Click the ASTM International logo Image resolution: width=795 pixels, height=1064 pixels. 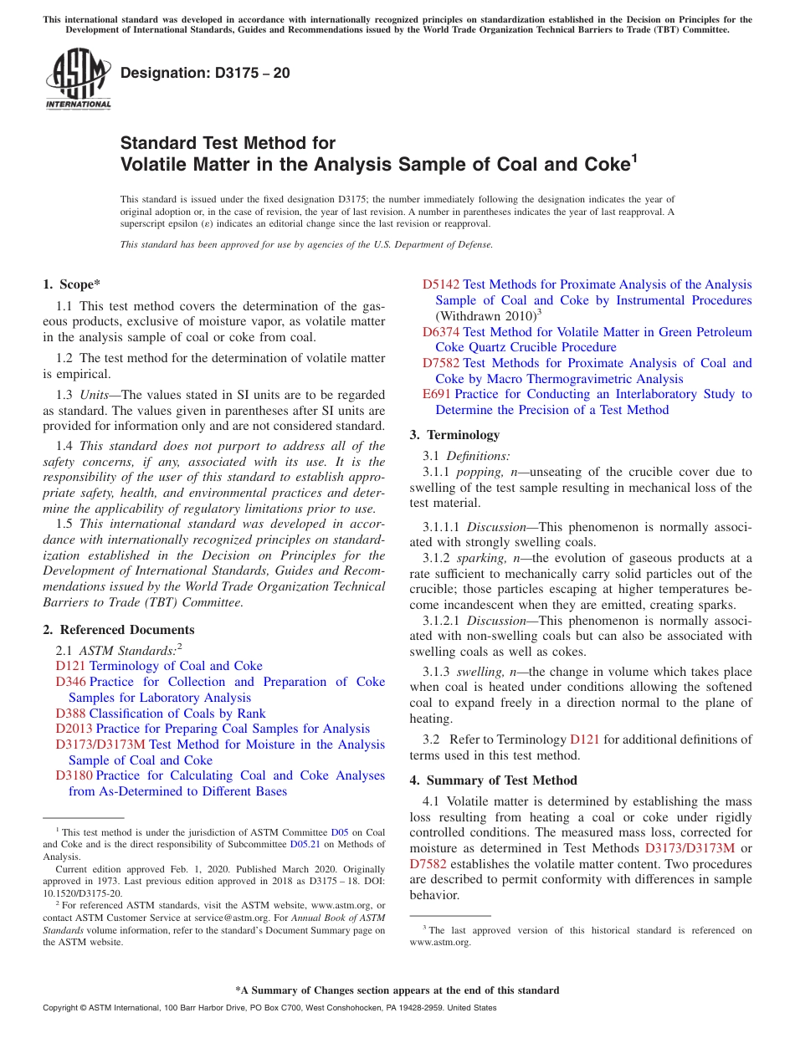point(78,79)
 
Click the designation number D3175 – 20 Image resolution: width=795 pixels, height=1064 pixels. point(205,73)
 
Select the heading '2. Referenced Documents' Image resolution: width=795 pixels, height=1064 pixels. point(118,630)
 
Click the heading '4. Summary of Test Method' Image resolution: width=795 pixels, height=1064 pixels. point(493,780)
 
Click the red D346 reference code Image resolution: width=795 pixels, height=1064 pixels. point(70,682)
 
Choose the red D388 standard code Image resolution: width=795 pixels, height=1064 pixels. point(70,714)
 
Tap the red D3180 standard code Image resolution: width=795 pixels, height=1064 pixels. point(74,775)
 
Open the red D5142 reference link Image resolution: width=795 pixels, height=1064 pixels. point(440,284)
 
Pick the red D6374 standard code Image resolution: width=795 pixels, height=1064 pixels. point(440,332)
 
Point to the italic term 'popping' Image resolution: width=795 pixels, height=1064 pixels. point(478,472)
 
